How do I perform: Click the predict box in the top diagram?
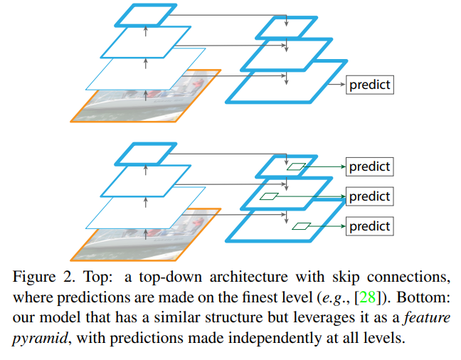click(370, 85)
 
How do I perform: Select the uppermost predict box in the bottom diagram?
click(370, 166)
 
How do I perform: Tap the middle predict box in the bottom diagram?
click(370, 196)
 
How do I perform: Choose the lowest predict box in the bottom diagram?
click(370, 226)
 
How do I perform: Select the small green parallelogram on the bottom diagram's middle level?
click(270, 196)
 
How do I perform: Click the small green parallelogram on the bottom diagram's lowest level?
click(302, 227)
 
